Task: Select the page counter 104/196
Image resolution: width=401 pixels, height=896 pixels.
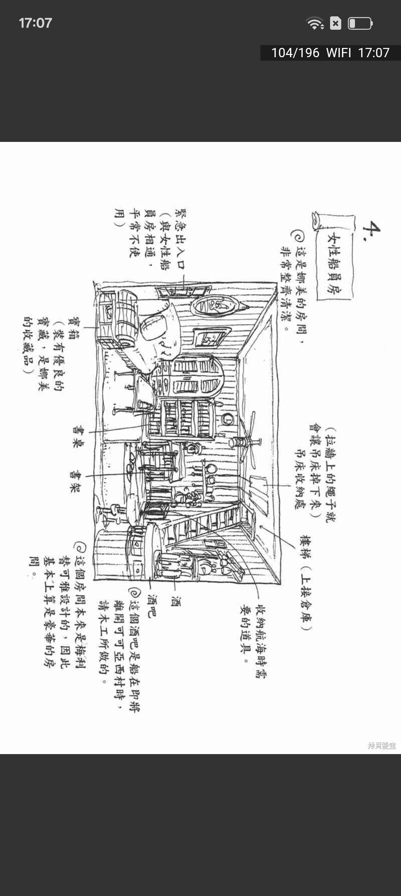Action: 295,53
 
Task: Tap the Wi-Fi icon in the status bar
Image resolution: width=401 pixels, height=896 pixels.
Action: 314,23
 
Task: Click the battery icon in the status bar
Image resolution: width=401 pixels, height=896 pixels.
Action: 360,23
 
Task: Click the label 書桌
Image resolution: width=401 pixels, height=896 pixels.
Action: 78,436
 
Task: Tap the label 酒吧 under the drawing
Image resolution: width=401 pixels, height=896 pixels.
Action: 152,606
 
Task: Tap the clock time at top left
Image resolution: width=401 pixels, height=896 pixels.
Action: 35,23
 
